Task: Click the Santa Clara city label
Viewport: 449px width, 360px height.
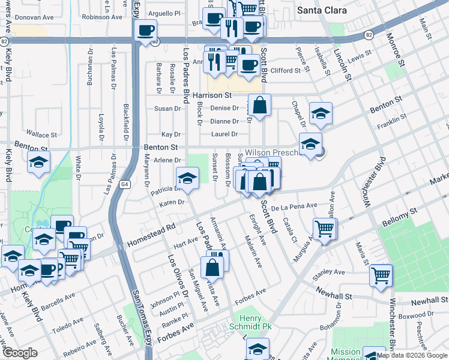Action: point(322,10)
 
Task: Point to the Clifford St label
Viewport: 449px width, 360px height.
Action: point(285,71)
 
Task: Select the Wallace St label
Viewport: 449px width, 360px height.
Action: point(41,135)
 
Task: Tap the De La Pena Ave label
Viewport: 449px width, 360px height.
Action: point(294,206)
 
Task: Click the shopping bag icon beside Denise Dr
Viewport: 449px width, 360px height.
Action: point(261,106)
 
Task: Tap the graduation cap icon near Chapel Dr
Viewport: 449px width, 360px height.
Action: point(321,113)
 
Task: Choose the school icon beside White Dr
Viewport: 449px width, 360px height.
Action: point(38,162)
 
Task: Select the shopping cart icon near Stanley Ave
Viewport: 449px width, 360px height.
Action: point(381,276)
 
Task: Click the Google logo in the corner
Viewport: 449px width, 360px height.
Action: point(20,353)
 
